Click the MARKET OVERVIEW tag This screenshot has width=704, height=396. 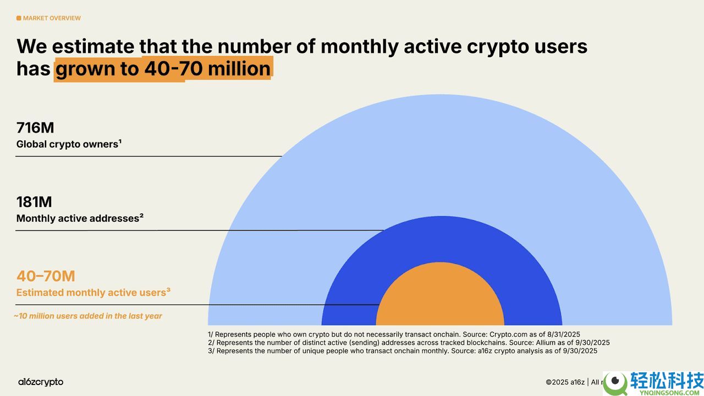51,18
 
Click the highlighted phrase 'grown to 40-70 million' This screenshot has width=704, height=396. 163,69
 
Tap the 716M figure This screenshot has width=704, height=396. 35,128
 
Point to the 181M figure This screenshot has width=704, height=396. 34,202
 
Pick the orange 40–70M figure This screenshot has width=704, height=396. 46,276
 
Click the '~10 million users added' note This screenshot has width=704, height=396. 88,316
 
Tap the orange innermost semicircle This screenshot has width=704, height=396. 440,297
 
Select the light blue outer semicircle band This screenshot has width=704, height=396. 440,154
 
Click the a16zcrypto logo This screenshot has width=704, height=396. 40,382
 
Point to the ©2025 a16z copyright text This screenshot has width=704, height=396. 565,382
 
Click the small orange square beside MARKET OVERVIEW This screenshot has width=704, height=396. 19,18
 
